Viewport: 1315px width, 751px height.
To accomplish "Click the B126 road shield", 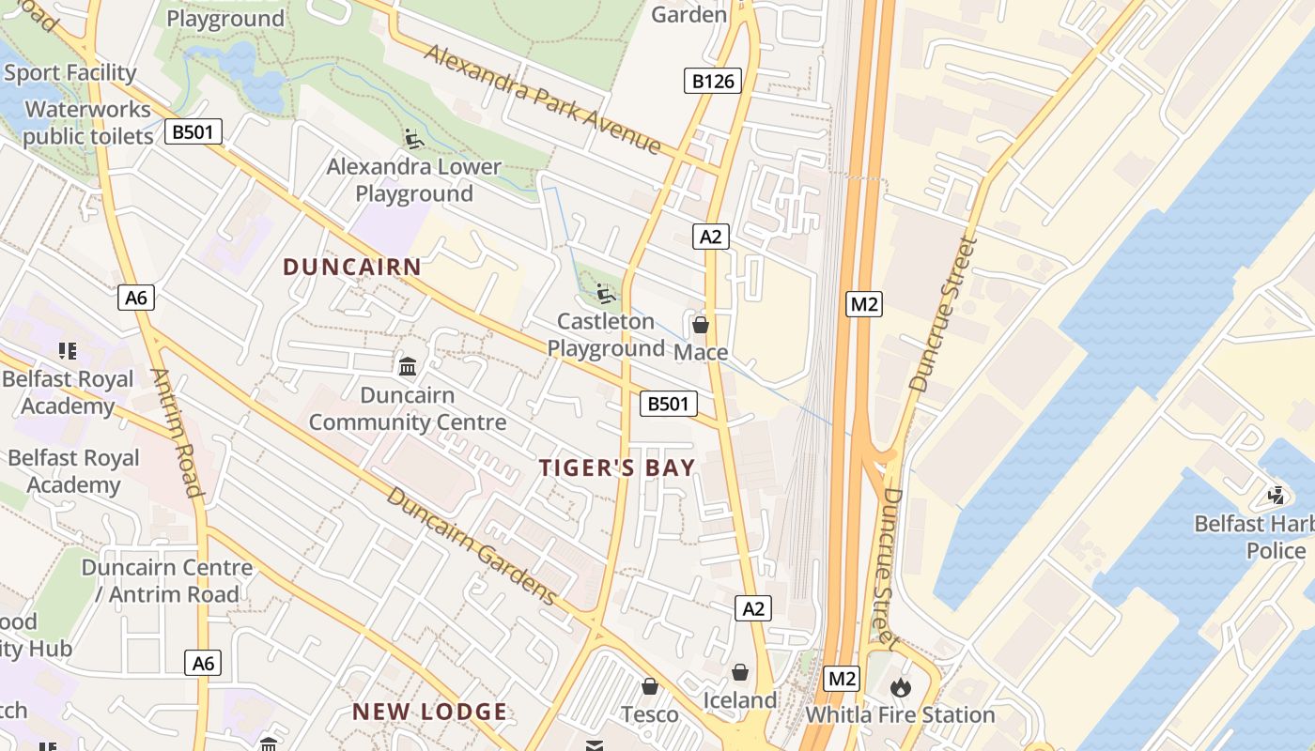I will pyautogui.click(x=713, y=81).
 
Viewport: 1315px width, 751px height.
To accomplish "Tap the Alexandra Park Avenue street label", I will pyautogui.click(x=543, y=99).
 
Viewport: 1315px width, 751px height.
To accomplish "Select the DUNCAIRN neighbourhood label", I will pyautogui.click(x=352, y=267).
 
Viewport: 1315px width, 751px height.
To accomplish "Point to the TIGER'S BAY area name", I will pyautogui.click(x=617, y=467).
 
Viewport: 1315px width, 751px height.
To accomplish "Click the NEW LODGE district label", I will pyautogui.click(x=430, y=712).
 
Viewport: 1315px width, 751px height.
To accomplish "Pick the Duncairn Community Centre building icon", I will pyautogui.click(x=408, y=365).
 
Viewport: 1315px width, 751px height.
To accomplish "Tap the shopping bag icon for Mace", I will pyautogui.click(x=700, y=325).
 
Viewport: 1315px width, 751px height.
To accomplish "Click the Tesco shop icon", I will pyautogui.click(x=649, y=686).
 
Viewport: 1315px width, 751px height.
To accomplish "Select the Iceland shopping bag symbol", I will pyautogui.click(x=740, y=672).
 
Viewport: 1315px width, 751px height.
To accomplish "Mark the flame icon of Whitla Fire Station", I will pyautogui.click(x=900, y=687).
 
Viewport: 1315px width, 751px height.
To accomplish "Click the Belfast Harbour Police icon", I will pyautogui.click(x=1276, y=495).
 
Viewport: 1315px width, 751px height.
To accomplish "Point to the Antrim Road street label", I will pyautogui.click(x=177, y=432).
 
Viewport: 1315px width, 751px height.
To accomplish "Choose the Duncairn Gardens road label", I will pyautogui.click(x=472, y=545).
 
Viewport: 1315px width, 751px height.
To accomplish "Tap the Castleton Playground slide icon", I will pyautogui.click(x=606, y=294).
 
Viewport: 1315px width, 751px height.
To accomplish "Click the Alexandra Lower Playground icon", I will pyautogui.click(x=413, y=139).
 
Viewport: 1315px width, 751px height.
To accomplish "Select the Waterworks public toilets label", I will pyautogui.click(x=87, y=123).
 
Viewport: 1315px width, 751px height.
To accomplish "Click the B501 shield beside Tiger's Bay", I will pyautogui.click(x=669, y=405).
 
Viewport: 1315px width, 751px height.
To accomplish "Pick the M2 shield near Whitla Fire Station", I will pyautogui.click(x=842, y=678).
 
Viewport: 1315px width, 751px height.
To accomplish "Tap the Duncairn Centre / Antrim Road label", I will pyautogui.click(x=166, y=580).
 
